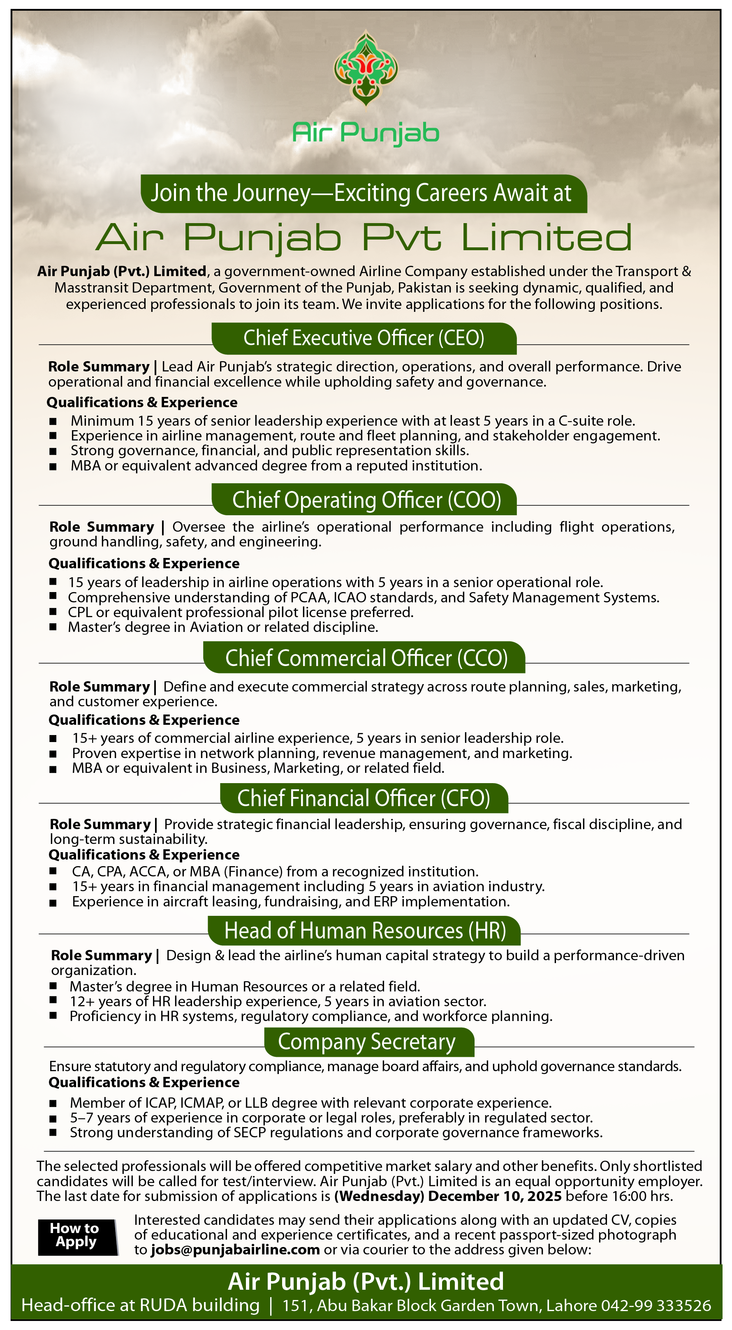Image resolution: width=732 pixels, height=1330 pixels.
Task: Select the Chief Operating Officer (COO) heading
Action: [x=366, y=500]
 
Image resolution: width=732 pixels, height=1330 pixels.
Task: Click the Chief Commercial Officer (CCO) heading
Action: [x=366, y=658]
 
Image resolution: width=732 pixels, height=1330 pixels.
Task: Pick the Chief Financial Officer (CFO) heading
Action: [x=364, y=798]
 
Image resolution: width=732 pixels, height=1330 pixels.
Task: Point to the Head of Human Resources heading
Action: [x=365, y=930]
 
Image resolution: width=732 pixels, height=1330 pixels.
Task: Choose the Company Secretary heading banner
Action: [x=367, y=1042]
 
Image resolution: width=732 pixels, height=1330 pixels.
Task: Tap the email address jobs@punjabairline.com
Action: [x=235, y=1249]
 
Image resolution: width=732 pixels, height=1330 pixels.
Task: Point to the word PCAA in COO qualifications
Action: [x=308, y=597]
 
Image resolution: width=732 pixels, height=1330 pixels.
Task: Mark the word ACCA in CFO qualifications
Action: [x=149, y=871]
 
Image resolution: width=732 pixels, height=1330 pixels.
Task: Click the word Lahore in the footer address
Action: [x=571, y=1306]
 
